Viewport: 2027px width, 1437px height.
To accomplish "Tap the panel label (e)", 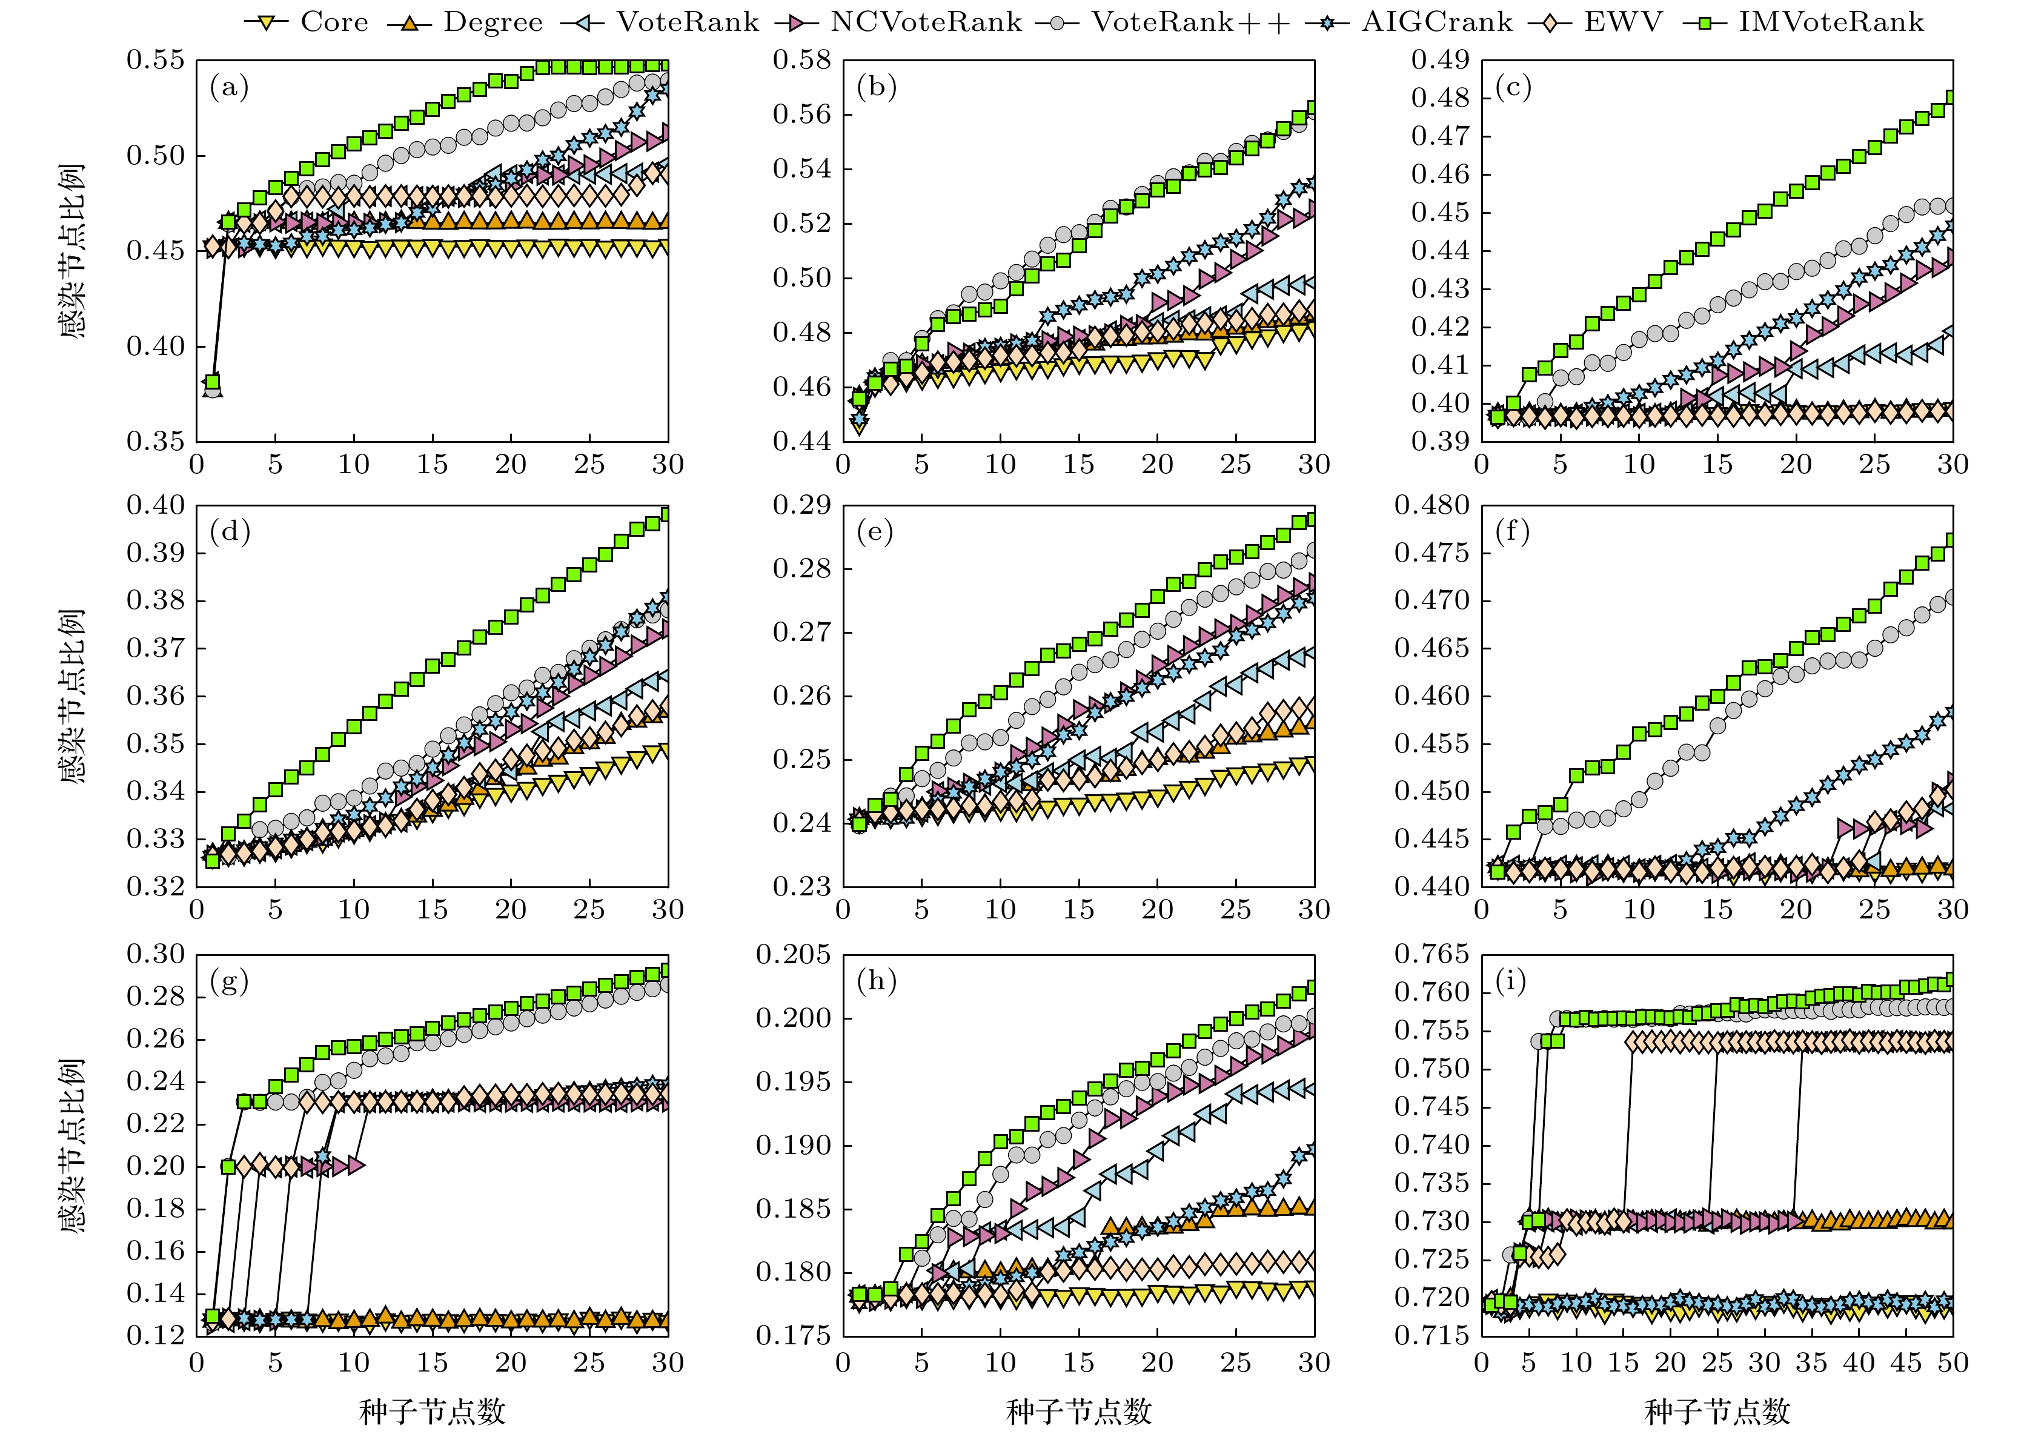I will point(876,532).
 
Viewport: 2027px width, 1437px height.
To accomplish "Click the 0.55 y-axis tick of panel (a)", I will point(156,60).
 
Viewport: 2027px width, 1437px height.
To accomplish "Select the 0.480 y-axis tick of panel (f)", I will point(1432,505).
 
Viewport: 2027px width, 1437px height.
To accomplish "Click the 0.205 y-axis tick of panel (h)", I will point(794,955).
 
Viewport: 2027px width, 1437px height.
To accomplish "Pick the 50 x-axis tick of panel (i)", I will point(1952,1362).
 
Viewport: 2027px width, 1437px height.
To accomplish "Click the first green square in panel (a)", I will point(213,382).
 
